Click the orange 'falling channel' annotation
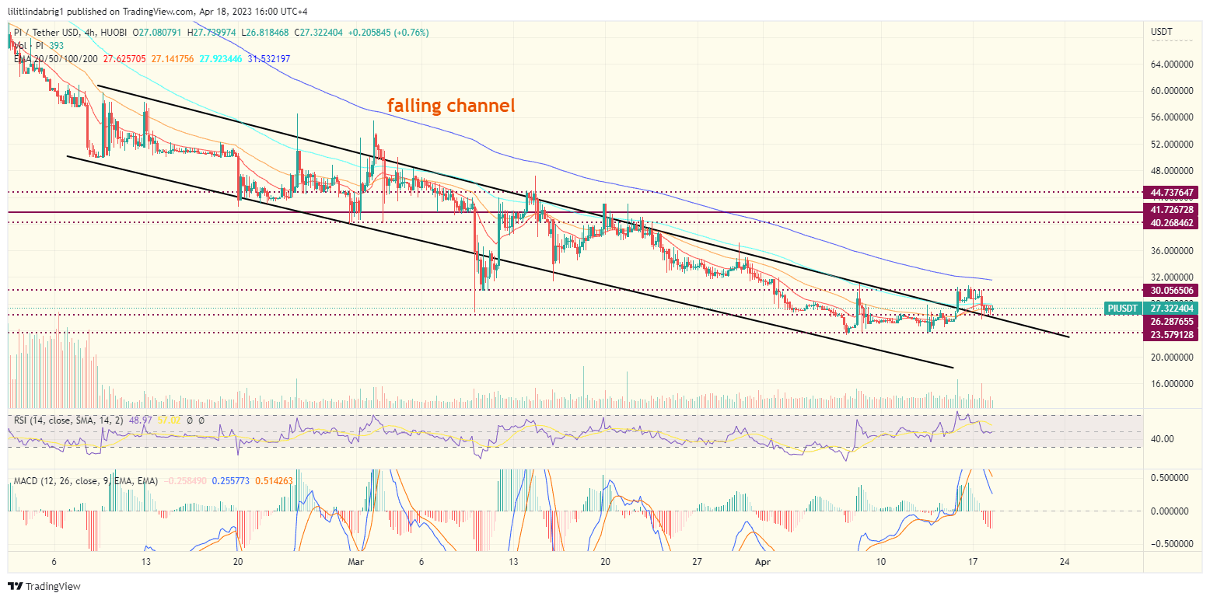(x=451, y=106)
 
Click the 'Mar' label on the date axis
(x=356, y=561)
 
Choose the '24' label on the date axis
(x=1065, y=561)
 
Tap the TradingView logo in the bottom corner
(x=44, y=586)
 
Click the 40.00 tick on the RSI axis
(x=1163, y=439)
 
